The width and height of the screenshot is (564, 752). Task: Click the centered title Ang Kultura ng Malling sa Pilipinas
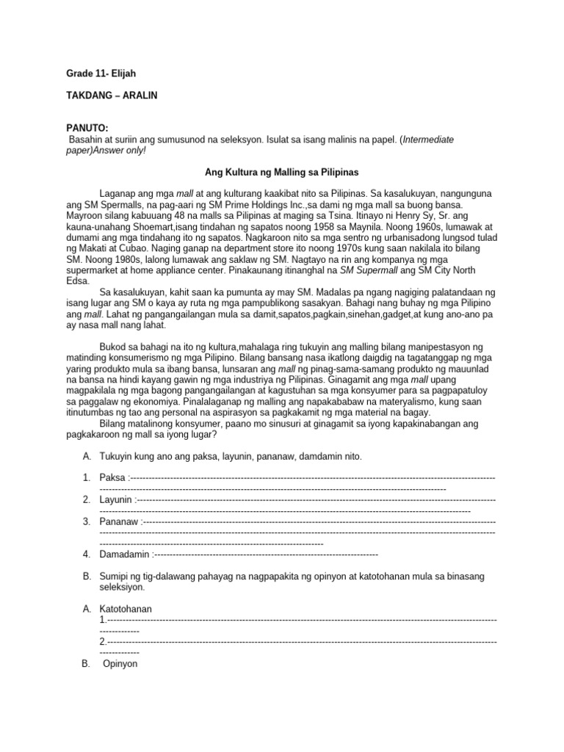pos(281,173)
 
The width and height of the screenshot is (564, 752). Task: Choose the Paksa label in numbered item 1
pos(112,478)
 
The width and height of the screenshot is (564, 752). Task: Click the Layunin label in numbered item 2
pos(116,500)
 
